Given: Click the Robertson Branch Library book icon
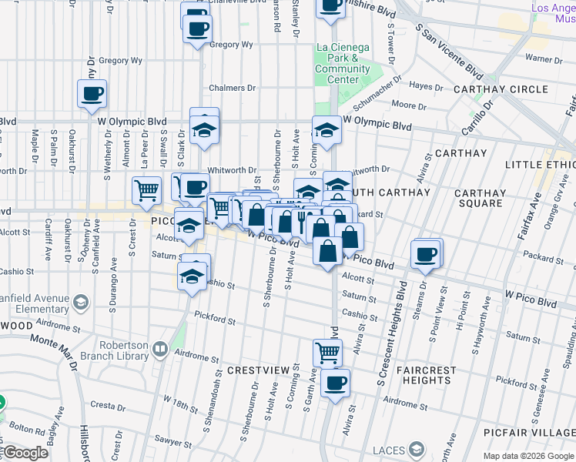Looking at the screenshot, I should tap(159, 349).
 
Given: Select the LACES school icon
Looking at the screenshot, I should tap(417, 449).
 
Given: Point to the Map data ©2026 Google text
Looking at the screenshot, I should tap(527, 456).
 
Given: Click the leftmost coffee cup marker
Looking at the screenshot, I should tap(92, 95).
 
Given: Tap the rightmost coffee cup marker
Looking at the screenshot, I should tap(425, 254).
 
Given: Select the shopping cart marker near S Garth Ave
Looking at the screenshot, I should tap(327, 353).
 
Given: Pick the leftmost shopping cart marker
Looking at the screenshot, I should tap(146, 189).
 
